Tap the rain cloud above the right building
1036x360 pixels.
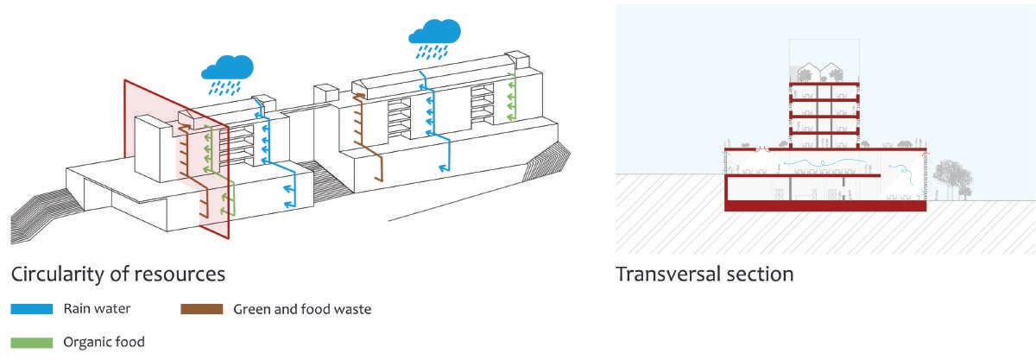[x=435, y=33]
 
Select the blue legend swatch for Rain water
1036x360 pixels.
[x=31, y=308]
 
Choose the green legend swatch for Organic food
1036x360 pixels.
[x=31, y=342]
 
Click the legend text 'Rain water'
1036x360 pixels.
[x=96, y=308]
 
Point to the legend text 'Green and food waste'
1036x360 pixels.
[x=302, y=308]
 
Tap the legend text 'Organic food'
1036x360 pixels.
[x=104, y=342]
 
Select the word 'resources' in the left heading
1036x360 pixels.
[x=182, y=275]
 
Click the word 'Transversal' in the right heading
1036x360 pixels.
[x=670, y=275]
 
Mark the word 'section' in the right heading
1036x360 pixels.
[x=761, y=275]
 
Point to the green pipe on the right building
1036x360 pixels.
[x=512, y=99]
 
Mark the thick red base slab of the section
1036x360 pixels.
[x=826, y=206]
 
